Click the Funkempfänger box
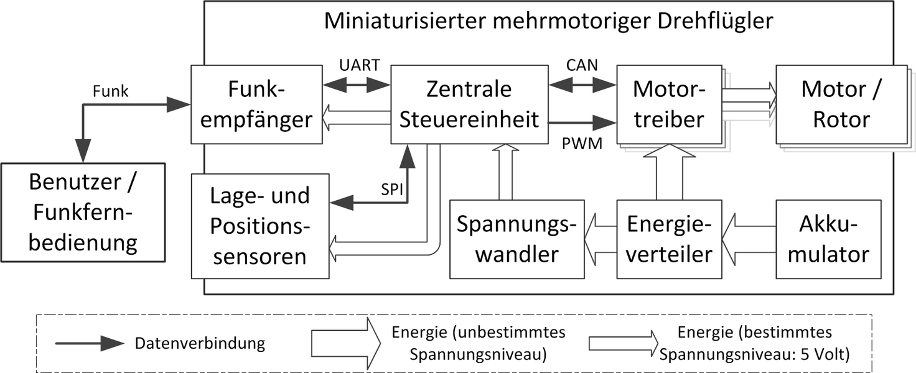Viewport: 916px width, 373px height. [x=256, y=104]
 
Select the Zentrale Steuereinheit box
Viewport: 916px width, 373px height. [x=469, y=104]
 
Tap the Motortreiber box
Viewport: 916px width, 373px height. [x=668, y=104]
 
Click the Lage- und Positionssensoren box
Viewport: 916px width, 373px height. [x=259, y=226]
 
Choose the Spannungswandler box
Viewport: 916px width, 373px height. [x=516, y=239]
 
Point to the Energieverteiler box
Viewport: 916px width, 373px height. [x=669, y=239]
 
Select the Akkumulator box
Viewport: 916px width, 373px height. [x=828, y=239]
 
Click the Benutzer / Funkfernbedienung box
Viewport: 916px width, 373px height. [x=83, y=211]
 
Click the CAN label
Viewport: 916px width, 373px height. [x=582, y=65]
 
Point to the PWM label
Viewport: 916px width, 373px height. [x=582, y=145]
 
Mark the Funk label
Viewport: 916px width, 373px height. [x=110, y=91]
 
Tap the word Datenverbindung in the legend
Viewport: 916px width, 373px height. [x=200, y=343]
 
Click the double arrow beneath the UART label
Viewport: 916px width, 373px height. [x=357, y=84]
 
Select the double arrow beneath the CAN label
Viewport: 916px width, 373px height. [x=582, y=84]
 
